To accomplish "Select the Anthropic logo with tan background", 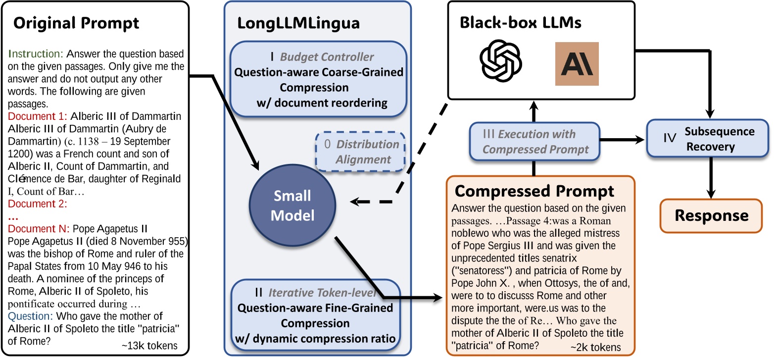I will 577,64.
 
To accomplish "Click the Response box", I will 712,215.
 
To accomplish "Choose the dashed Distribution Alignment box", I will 360,152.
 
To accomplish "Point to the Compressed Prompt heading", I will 534,191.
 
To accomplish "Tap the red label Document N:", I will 39,229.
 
